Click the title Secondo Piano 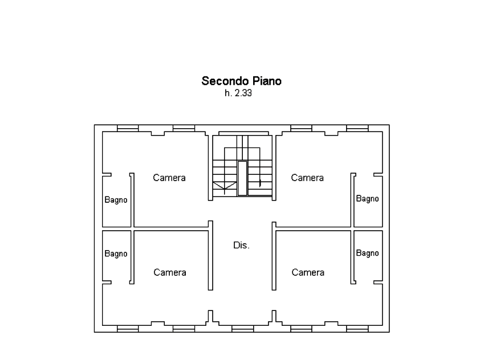point(241,81)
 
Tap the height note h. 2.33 point(238,93)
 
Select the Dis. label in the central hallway point(241,245)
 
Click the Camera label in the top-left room point(169,178)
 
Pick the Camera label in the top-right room point(307,178)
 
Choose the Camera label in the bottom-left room point(170,272)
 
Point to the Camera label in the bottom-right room point(308,272)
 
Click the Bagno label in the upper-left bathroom point(116,200)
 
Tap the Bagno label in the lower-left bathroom point(116,254)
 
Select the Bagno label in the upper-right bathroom point(367,199)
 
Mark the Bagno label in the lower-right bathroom point(367,253)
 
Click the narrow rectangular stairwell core point(242,178)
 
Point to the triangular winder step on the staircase point(225,185)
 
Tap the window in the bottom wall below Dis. point(243,329)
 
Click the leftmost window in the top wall point(128,128)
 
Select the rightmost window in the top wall point(357,128)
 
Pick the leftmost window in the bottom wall point(128,329)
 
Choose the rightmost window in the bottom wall point(357,329)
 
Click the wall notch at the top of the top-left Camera point(157,134)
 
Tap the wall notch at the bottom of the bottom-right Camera point(331,324)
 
